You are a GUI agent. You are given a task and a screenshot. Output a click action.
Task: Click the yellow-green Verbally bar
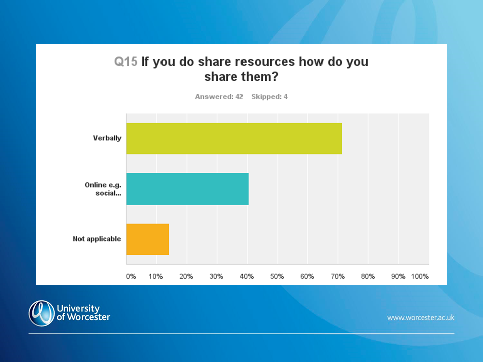[x=234, y=138]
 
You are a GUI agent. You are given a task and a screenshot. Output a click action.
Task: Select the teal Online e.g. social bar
[x=187, y=189]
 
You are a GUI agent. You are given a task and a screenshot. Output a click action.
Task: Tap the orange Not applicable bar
[x=147, y=239]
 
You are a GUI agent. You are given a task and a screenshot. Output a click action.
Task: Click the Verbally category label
[x=107, y=138]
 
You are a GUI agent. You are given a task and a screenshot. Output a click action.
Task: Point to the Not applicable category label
[x=97, y=239]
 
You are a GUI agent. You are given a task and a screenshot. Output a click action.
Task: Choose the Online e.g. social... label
[x=103, y=189]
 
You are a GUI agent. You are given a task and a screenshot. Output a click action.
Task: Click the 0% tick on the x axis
[x=131, y=276]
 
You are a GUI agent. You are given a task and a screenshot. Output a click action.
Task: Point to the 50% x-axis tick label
[x=277, y=276]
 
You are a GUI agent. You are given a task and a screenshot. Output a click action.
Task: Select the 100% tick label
[x=420, y=276]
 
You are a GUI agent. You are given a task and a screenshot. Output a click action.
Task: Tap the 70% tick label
[x=338, y=276]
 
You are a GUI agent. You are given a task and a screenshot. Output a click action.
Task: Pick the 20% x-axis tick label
[x=186, y=276]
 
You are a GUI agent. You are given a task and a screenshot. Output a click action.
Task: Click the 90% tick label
[x=398, y=276]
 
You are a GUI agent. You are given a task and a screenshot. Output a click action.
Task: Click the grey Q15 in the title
[x=126, y=61]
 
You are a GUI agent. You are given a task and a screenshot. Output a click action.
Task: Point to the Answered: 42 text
[x=219, y=97]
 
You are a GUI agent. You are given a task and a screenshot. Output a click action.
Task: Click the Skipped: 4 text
[x=269, y=97]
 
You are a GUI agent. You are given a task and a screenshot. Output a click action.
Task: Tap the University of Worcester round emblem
[x=42, y=313]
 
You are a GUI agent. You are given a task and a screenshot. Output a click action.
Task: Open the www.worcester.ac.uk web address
[x=421, y=317]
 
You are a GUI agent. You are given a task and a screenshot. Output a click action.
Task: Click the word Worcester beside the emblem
[x=89, y=317]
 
